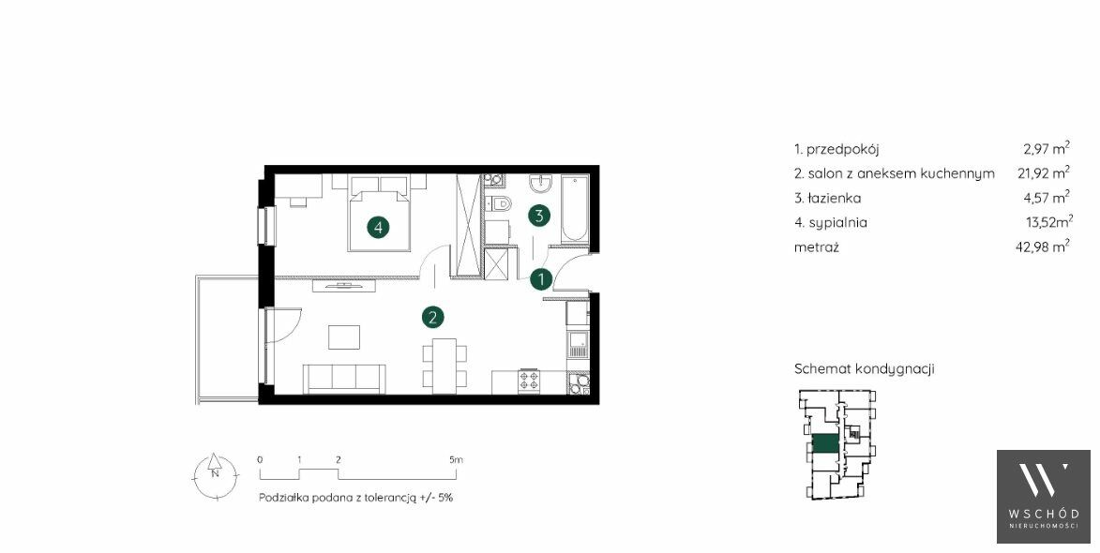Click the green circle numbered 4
pyautogui.click(x=378, y=227)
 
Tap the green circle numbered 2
pyautogui.click(x=433, y=318)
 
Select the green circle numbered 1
pyautogui.click(x=540, y=279)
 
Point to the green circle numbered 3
pyautogui.click(x=539, y=216)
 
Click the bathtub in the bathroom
pyautogui.click(x=574, y=210)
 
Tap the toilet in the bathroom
pyautogui.click(x=500, y=204)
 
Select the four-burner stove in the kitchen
pyautogui.click(x=530, y=381)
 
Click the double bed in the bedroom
pyautogui.click(x=379, y=213)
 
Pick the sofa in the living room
pyautogui.click(x=344, y=379)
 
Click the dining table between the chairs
pyautogui.click(x=445, y=366)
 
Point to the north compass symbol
pyautogui.click(x=216, y=474)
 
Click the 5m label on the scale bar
pyautogui.click(x=456, y=460)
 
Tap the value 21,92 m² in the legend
pyautogui.click(x=1044, y=172)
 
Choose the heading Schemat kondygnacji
pyautogui.click(x=865, y=368)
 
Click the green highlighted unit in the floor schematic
pyautogui.click(x=824, y=443)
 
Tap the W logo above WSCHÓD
pyautogui.click(x=1043, y=481)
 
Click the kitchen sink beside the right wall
pyautogui.click(x=578, y=345)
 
